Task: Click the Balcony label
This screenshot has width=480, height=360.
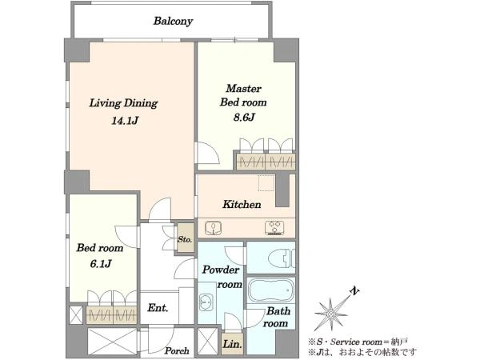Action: point(173,21)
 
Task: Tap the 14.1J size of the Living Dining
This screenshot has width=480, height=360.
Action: point(125,121)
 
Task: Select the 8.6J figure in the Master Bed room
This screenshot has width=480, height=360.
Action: point(244,118)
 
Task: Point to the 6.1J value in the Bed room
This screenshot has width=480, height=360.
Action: point(101,263)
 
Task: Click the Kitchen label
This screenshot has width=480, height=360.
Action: point(242,204)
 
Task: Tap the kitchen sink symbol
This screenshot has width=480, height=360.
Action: point(214,228)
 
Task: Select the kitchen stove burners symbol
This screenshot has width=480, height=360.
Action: point(274,228)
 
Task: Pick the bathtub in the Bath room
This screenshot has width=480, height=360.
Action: point(270,290)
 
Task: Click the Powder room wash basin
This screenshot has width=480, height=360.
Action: point(206,302)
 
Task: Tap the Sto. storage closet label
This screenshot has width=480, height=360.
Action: point(185,239)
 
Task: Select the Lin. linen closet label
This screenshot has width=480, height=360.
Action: point(232,344)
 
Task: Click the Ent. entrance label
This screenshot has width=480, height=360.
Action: point(158,308)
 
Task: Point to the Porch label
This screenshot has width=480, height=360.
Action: point(177,351)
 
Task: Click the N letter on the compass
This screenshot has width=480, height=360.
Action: point(354,291)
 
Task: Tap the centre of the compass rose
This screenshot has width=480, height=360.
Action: point(330,314)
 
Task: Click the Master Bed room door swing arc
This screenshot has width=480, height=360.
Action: point(214,146)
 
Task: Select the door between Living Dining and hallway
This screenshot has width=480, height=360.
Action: point(160,209)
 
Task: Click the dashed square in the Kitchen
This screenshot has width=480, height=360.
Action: point(266,183)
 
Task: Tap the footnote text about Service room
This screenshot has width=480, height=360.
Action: point(358,342)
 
